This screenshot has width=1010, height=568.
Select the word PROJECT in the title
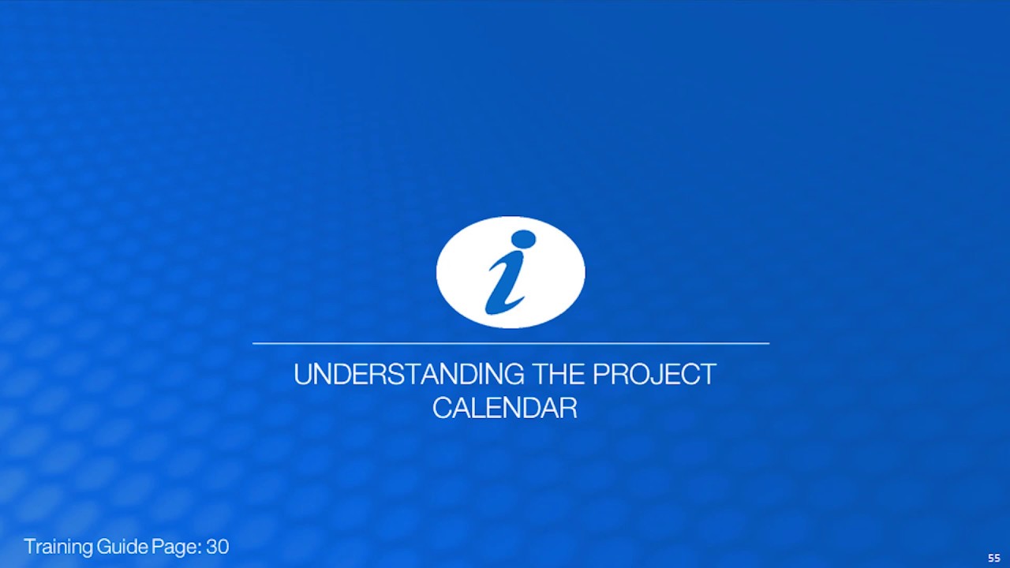point(654,375)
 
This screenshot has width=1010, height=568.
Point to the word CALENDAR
point(505,409)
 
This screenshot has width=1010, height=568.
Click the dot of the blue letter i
point(522,239)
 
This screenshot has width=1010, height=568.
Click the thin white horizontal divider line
point(511,343)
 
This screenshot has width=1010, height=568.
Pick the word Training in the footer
point(58,547)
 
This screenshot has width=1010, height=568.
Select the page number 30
point(218,547)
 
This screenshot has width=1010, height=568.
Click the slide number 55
point(993,558)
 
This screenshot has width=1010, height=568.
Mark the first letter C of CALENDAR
point(442,409)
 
